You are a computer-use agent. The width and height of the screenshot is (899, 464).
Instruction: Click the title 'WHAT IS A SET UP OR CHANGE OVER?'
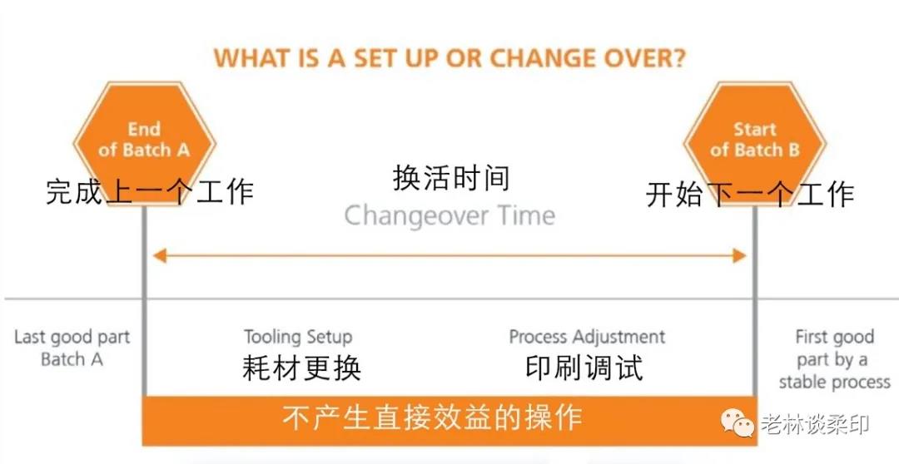tap(449, 58)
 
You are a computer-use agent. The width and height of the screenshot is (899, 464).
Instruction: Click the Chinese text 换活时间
tap(450, 177)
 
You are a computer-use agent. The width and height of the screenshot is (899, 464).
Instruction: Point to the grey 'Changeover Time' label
tap(449, 216)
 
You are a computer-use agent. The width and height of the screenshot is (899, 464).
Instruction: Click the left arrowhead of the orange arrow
tap(159, 255)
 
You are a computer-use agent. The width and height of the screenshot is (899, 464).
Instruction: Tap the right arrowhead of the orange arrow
tap(740, 255)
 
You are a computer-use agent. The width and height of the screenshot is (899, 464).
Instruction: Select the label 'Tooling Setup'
tap(298, 337)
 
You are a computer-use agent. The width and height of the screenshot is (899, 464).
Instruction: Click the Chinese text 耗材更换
tap(301, 368)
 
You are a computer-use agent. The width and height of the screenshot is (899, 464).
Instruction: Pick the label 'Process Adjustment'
tap(587, 336)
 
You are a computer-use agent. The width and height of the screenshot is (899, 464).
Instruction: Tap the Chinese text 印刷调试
tap(584, 368)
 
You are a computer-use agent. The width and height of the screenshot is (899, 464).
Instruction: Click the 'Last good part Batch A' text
tap(72, 348)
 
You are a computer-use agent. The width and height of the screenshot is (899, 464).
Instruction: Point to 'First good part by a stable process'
tap(834, 359)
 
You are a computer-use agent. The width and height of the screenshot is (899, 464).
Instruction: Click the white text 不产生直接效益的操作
tap(432, 417)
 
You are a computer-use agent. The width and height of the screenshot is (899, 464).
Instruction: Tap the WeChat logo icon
tap(738, 422)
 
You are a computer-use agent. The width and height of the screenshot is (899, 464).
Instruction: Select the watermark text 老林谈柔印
tap(815, 424)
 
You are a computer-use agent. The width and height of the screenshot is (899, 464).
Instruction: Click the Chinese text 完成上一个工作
tap(150, 191)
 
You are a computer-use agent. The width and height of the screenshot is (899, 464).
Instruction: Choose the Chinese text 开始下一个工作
tap(750, 195)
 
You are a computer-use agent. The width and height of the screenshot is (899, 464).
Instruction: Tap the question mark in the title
tap(679, 58)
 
